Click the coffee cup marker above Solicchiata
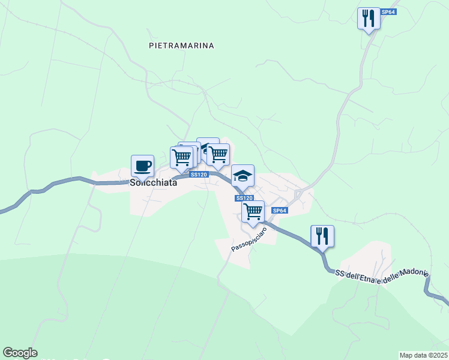pyautogui.click(x=142, y=166)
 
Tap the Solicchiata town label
pyautogui.click(x=154, y=183)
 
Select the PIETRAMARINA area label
pyautogui.click(x=181, y=46)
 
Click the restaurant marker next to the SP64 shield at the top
pyautogui.click(x=369, y=18)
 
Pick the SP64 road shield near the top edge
pyautogui.click(x=389, y=12)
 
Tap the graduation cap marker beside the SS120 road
pyautogui.click(x=243, y=176)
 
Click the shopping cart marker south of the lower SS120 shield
pyautogui.click(x=253, y=211)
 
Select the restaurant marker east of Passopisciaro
pyautogui.click(x=322, y=236)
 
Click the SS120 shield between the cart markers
pyautogui.click(x=199, y=174)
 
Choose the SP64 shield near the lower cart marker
pyautogui.click(x=280, y=211)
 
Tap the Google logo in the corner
pyautogui.click(x=20, y=353)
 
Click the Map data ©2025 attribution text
pyautogui.click(x=423, y=355)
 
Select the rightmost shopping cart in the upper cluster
pyautogui.click(x=218, y=154)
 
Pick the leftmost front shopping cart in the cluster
pyautogui.click(x=181, y=157)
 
